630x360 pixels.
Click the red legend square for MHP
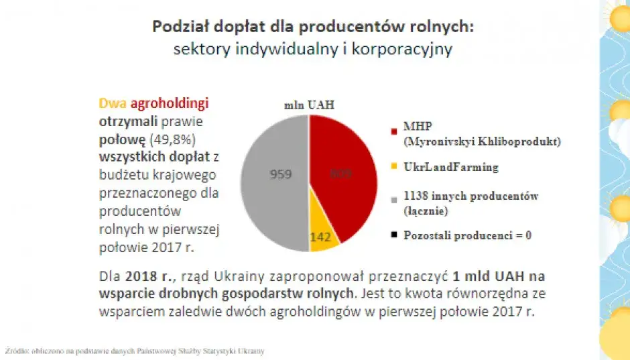tap(395, 127)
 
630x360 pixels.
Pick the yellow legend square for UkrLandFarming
tap(395, 166)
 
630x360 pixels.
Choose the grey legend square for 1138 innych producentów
tap(395, 197)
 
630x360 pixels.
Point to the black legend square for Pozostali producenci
tap(395, 235)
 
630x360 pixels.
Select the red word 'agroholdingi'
tap(170, 104)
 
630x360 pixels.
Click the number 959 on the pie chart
tap(280, 174)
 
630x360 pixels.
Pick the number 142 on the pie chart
tap(321, 237)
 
